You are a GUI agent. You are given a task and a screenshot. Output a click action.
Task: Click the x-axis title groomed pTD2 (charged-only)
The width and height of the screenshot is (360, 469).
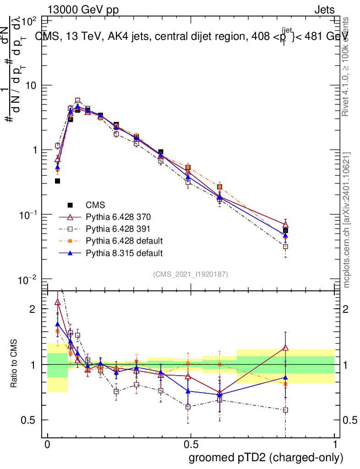pyautogui.click(x=265, y=458)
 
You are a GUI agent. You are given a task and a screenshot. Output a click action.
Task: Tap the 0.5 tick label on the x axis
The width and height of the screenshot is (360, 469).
pyautogui.click(x=191, y=445)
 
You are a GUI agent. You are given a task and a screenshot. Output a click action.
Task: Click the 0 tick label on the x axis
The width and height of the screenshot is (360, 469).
pyautogui.click(x=47, y=445)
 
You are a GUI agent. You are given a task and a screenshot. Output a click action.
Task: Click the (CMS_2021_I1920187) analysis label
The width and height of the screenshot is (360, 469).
pyautogui.click(x=191, y=274)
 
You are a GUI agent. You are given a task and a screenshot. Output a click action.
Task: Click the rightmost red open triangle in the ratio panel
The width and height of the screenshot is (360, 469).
pyautogui.click(x=285, y=348)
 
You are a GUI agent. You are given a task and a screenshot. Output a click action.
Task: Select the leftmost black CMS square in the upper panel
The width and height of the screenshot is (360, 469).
pyautogui.click(x=58, y=181)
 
